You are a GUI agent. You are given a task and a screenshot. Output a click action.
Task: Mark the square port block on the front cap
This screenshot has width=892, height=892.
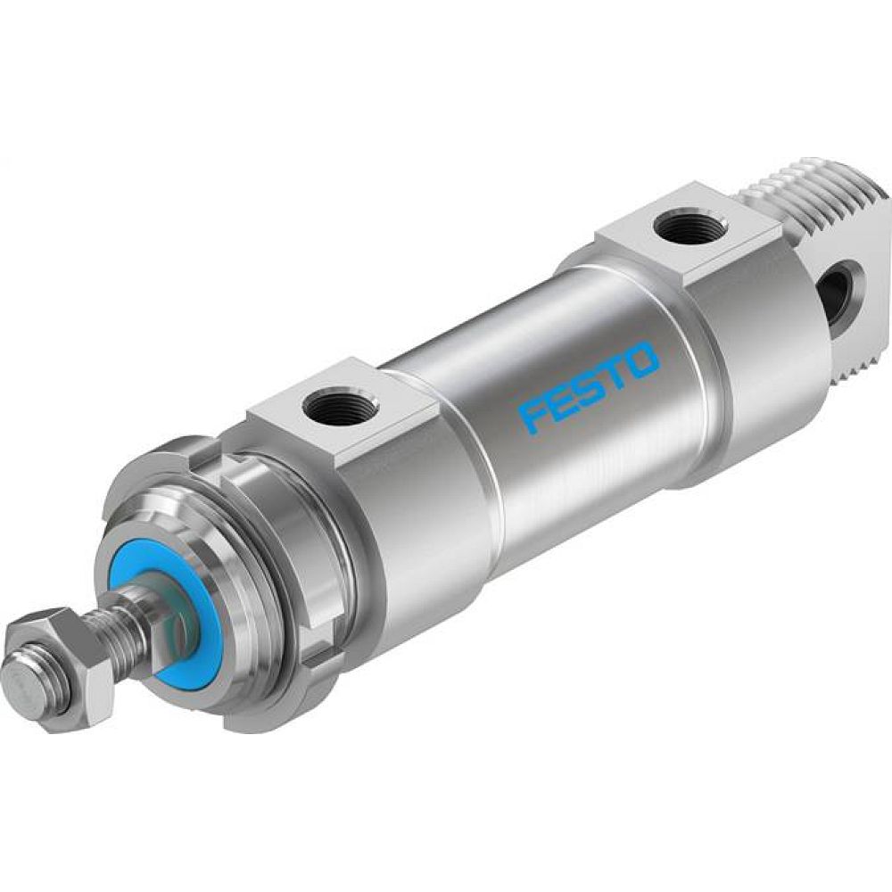coord(343,406)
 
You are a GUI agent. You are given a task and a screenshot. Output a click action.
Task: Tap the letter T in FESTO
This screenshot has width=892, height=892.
coord(615,369)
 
